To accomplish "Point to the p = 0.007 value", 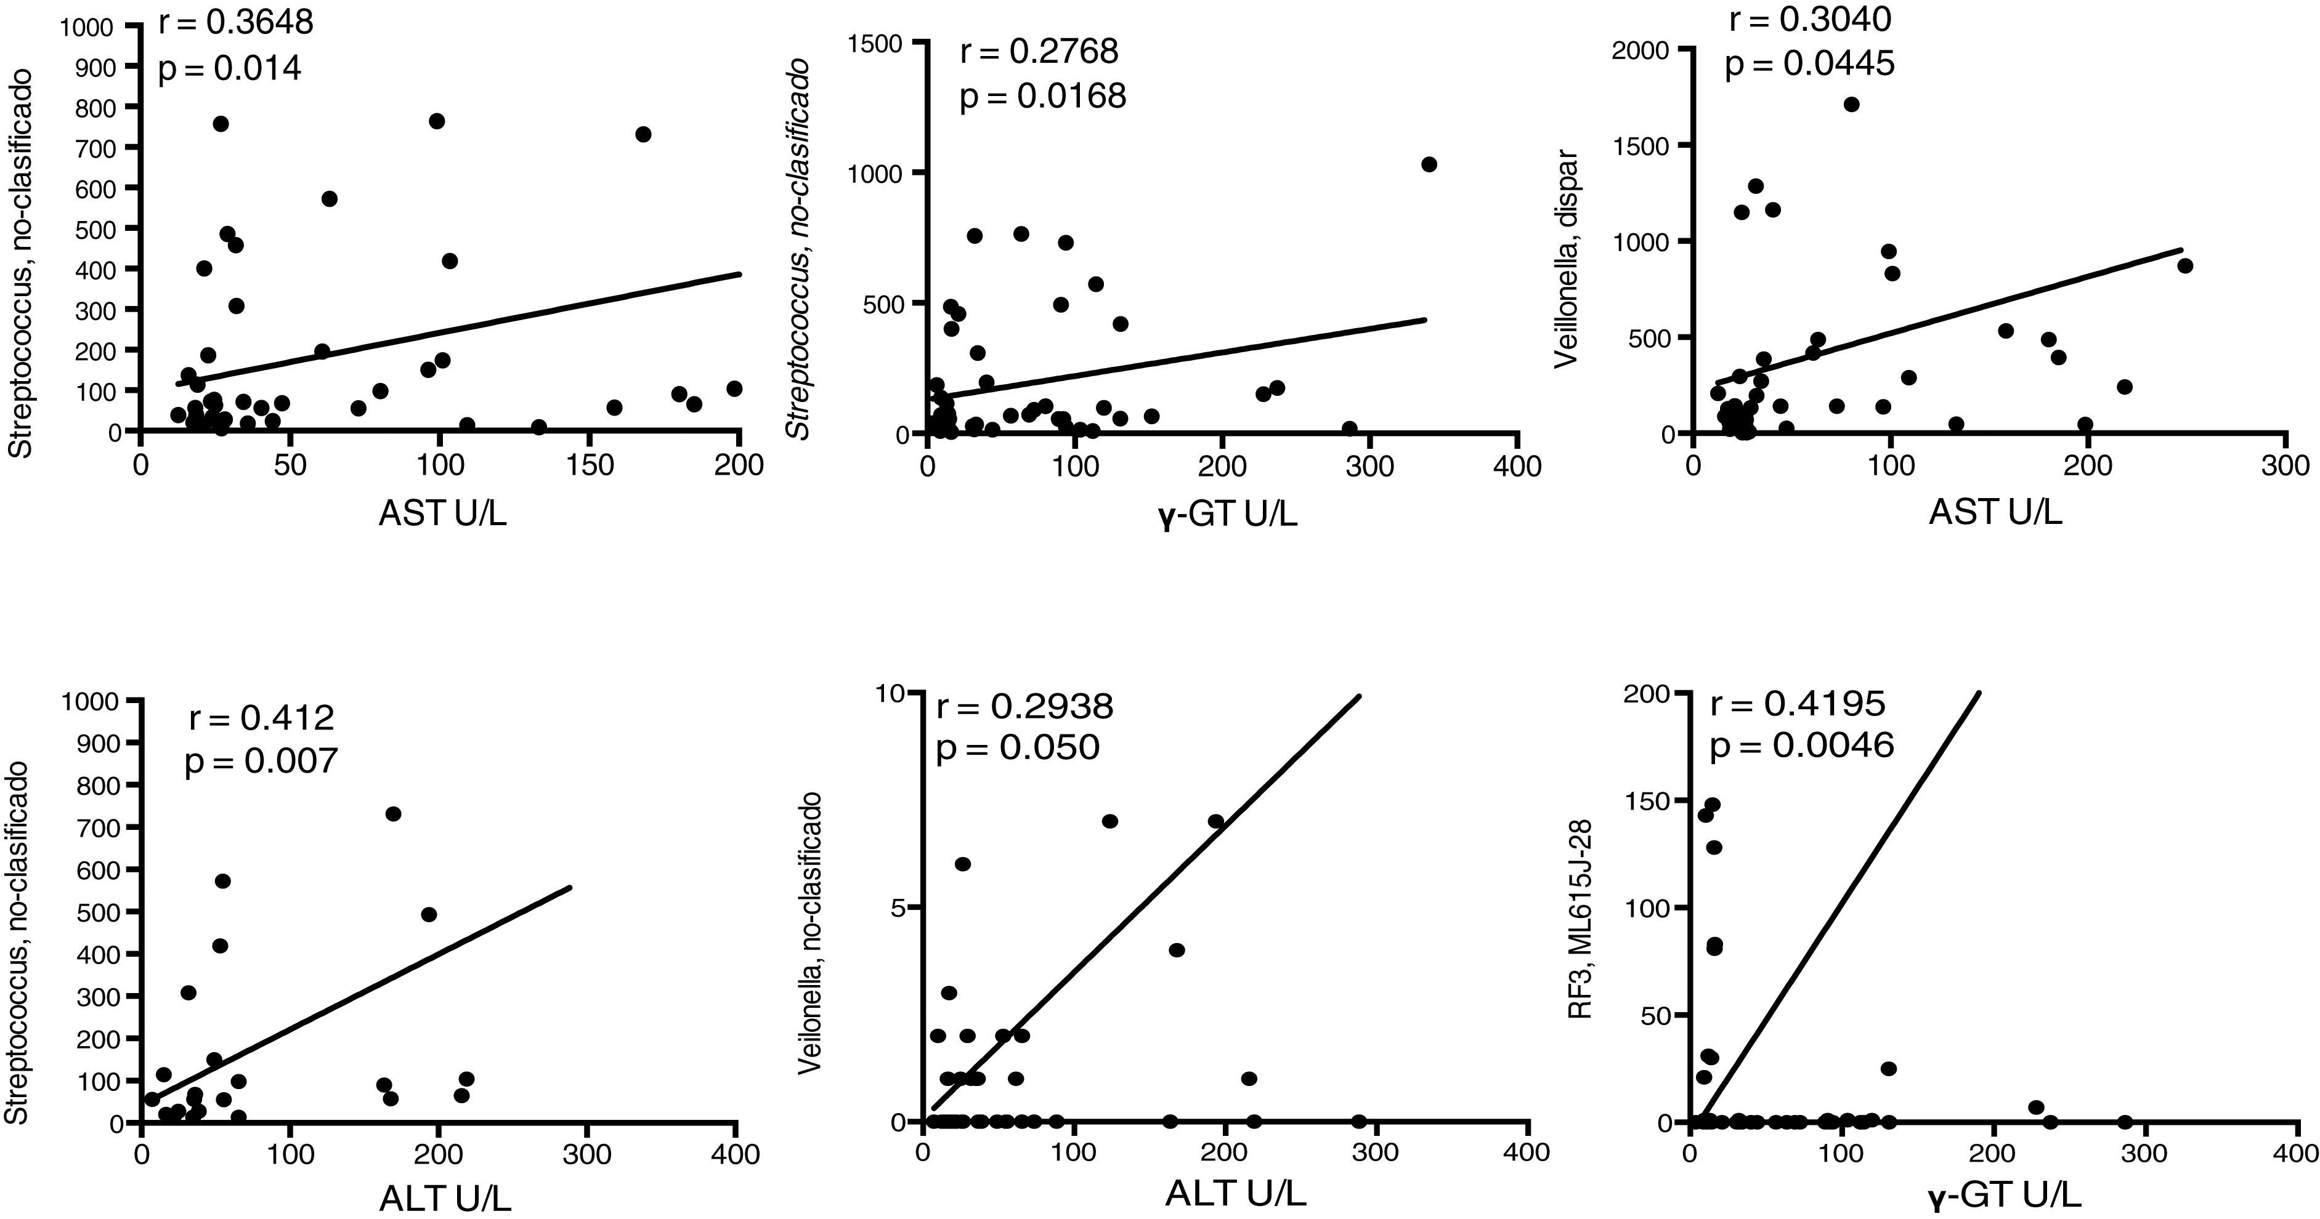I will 261,762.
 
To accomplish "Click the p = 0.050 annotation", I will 1018,747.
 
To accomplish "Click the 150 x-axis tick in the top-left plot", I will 588,465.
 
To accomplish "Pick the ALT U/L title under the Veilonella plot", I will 1236,1193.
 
